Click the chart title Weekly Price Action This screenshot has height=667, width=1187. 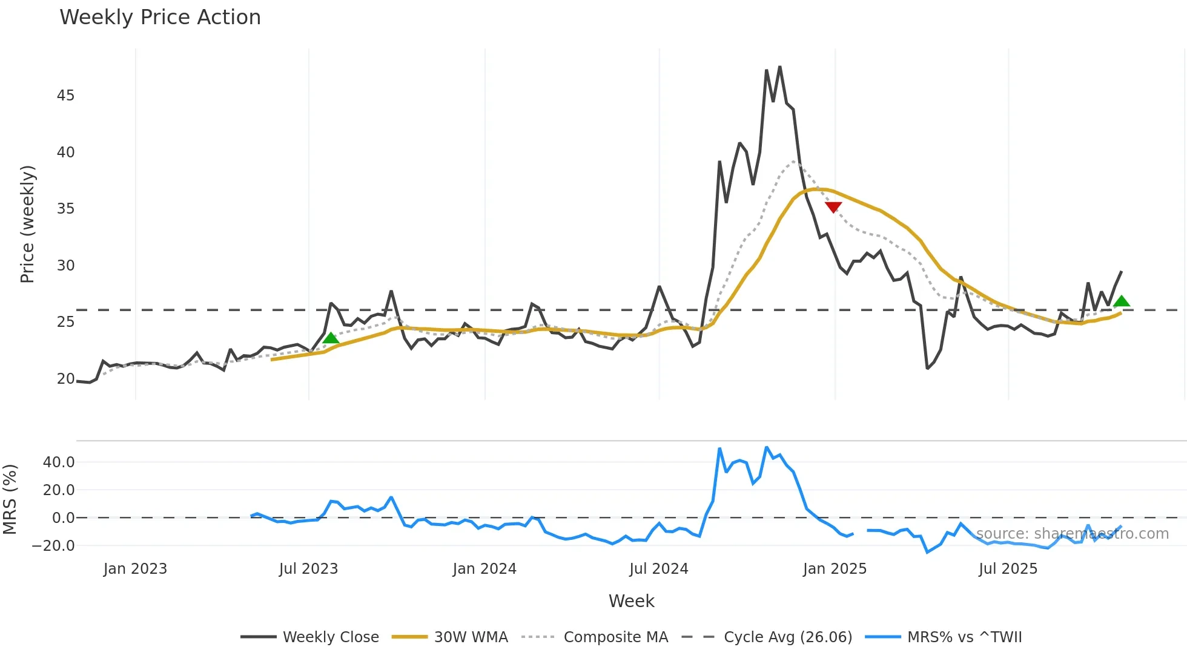[x=160, y=18]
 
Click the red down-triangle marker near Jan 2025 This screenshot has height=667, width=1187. [x=833, y=207]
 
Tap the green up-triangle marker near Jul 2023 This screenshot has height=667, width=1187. [x=331, y=338]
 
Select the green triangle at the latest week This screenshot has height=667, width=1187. [x=1122, y=301]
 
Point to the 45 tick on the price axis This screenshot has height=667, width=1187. [x=65, y=96]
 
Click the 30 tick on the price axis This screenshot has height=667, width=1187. [x=65, y=266]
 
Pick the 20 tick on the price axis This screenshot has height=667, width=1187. [x=65, y=379]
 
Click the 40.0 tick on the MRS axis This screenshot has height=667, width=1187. [x=59, y=462]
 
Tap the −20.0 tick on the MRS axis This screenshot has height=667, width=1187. [x=53, y=546]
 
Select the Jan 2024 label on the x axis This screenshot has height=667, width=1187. [x=484, y=569]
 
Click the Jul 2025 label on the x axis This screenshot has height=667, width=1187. [x=1008, y=569]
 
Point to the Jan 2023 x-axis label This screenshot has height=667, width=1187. [x=135, y=569]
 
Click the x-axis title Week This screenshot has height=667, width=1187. [x=631, y=601]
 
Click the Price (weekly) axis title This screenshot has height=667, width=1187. [x=28, y=224]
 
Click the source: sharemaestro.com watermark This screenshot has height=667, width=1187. [x=1072, y=534]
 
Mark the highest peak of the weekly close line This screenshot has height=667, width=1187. [x=779, y=67]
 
